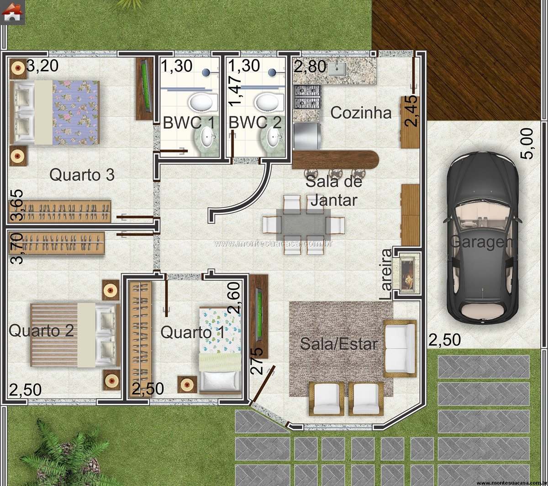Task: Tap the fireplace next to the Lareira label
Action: click(407, 274)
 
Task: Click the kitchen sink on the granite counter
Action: click(337, 69)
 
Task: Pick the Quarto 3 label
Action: click(82, 175)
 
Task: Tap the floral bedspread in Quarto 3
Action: click(76, 112)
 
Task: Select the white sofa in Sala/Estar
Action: click(400, 349)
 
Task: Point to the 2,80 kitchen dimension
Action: click(310, 67)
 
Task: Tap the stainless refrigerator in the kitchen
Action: click(307, 136)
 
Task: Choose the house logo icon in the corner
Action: click(12, 12)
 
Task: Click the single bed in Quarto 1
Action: click(220, 350)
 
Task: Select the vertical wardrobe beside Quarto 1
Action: click(140, 339)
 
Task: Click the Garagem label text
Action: click(481, 242)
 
